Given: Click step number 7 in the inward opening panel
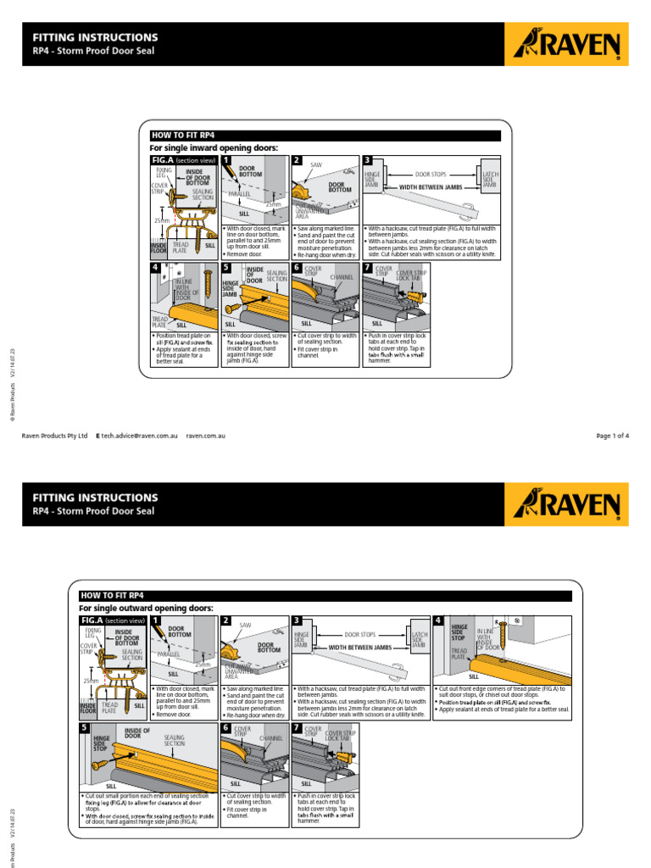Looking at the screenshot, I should [367, 268].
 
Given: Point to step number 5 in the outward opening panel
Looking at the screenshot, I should [85, 728].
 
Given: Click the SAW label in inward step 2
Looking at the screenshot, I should [316, 164].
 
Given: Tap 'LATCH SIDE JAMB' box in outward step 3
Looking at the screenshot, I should [419, 640].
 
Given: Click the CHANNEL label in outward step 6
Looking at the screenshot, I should [271, 738].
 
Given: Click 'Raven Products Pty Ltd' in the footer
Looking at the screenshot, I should [54, 436].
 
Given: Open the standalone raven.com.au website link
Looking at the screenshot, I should [205, 436].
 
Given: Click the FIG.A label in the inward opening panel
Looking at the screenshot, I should [162, 159].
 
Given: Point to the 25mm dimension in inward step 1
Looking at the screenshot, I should [272, 204].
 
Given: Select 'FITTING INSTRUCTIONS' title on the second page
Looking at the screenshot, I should [95, 498].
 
